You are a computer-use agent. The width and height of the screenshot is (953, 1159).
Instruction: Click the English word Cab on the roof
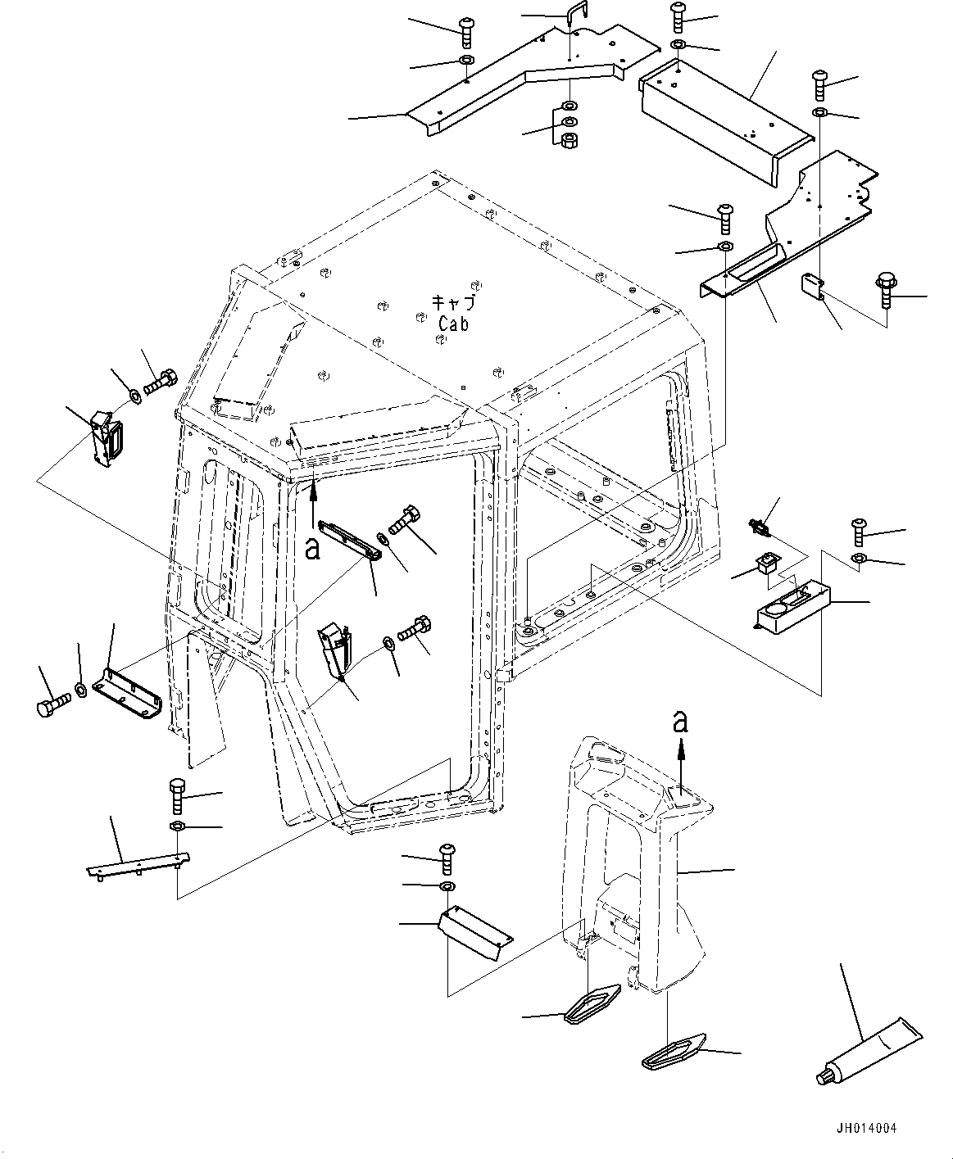click(453, 324)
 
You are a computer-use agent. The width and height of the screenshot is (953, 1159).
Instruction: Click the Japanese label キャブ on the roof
click(453, 303)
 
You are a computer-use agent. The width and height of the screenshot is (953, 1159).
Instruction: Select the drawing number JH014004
click(867, 1128)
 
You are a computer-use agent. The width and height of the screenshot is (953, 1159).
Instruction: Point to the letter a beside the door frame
click(312, 549)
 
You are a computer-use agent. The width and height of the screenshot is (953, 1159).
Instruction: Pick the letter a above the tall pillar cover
click(681, 722)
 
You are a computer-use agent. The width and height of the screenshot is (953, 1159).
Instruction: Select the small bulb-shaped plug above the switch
click(759, 527)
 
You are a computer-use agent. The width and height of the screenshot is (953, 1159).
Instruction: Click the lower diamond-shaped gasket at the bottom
click(674, 1052)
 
